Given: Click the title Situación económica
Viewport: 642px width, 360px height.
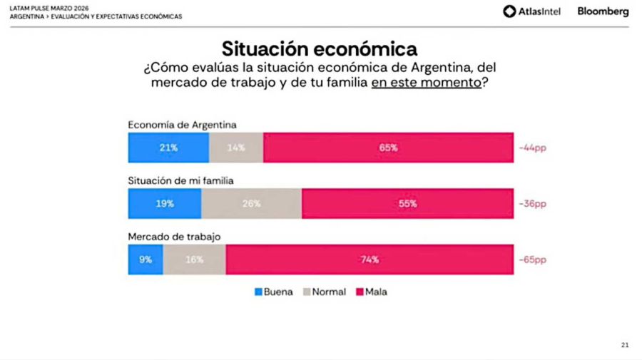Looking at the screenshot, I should (319, 48).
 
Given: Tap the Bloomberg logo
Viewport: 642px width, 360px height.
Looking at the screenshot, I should (603, 11).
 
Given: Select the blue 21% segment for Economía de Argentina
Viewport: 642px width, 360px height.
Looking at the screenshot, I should (168, 148).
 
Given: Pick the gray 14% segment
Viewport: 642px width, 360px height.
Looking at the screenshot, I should (236, 148).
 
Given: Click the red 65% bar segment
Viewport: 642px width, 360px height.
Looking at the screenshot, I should (388, 148).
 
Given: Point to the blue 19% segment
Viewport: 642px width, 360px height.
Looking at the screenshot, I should (165, 203).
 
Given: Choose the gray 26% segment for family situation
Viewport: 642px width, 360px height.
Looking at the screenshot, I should (251, 203).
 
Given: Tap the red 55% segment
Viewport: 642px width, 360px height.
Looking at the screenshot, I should (407, 203).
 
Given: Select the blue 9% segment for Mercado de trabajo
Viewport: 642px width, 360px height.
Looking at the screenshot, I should (146, 259).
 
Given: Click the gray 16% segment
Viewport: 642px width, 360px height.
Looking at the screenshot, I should (194, 259).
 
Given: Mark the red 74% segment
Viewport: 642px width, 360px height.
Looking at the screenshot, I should (370, 259).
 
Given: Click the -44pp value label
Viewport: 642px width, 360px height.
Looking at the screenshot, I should (534, 148).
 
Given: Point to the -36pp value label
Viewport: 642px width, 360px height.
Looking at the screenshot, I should (534, 204).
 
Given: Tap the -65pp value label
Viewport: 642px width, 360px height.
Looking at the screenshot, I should (534, 260).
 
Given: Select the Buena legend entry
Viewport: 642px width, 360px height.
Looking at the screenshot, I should (273, 292).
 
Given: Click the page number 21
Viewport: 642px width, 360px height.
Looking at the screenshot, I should (625, 346).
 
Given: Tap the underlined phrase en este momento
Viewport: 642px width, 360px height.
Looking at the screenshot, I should (426, 82).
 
